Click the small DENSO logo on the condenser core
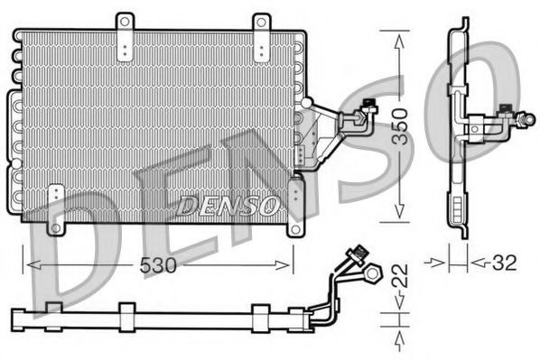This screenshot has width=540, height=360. click(x=228, y=205)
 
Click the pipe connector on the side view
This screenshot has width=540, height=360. click(x=507, y=116)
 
